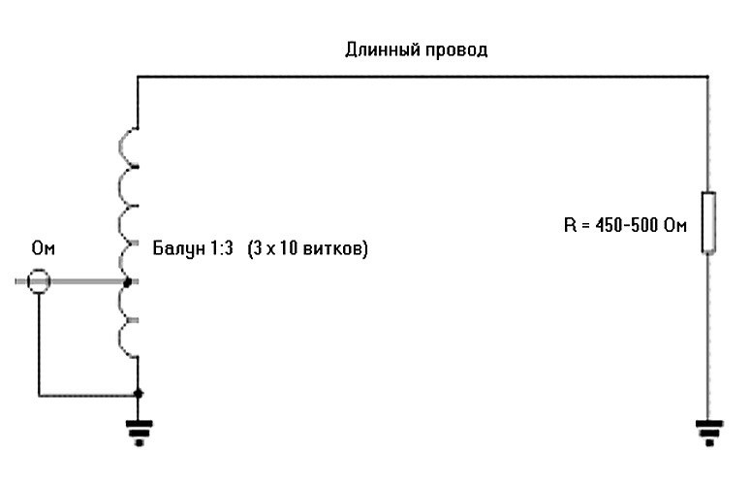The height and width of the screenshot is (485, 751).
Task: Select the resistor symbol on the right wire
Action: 709,223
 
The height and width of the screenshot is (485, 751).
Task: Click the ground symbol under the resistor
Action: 709,430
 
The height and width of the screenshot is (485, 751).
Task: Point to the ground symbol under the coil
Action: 139,430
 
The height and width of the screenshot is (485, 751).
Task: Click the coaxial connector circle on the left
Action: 38,281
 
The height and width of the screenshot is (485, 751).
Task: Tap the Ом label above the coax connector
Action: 44,249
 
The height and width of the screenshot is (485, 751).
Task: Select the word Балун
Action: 174,249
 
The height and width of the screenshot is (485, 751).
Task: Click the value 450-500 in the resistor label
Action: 630,227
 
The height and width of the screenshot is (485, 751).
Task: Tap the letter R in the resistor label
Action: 569,227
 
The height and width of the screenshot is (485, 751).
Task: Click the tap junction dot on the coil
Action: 129,281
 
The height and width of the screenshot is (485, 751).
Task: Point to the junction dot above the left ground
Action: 138,393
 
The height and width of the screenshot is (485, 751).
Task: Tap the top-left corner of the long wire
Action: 138,76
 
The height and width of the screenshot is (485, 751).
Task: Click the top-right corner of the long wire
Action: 709,76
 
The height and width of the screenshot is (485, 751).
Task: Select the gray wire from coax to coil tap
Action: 87,281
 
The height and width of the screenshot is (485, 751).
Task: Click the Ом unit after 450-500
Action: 675,227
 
